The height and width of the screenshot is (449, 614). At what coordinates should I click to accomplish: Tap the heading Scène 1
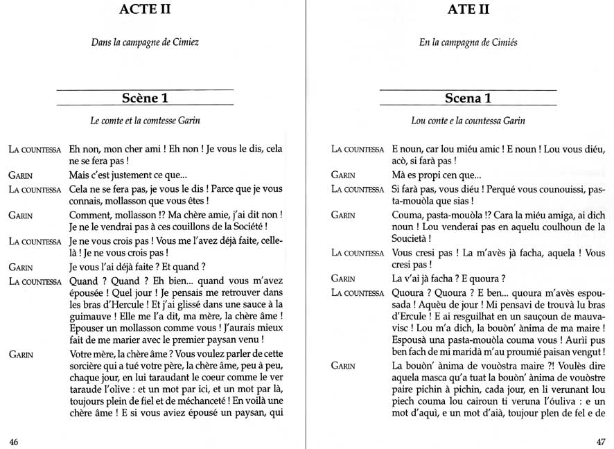(145, 98)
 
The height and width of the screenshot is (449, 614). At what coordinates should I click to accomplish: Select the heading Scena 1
(468, 98)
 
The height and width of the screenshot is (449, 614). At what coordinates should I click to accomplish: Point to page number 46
(14, 441)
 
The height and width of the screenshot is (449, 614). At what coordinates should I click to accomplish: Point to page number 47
(600, 441)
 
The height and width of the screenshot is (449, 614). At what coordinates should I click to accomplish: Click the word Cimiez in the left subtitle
(183, 43)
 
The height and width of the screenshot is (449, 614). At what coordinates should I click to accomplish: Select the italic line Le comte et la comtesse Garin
(145, 121)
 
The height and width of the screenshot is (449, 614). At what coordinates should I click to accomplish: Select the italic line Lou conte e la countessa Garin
(468, 121)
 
